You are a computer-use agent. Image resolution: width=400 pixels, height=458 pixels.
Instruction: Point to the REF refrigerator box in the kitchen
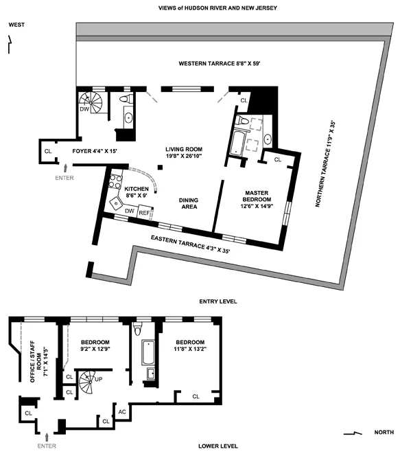tap(144, 213)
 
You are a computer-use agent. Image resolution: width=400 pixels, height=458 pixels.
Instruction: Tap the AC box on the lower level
tap(123, 412)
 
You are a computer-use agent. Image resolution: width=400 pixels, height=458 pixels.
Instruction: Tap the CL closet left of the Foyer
tap(47, 151)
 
